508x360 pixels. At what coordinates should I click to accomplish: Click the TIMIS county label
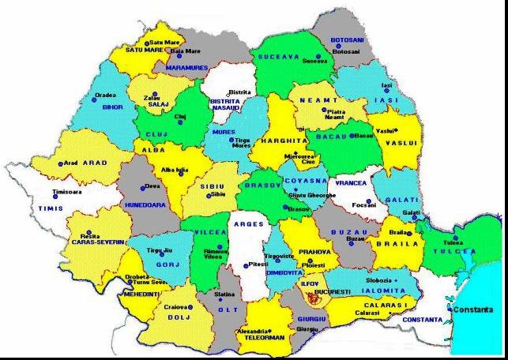tap(50, 208)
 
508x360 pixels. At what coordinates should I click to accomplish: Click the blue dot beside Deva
tap(145, 187)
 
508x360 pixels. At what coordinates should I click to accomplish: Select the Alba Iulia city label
tap(174, 170)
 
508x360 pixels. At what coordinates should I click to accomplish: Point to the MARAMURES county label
tap(186, 68)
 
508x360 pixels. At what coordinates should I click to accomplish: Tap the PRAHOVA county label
tap(314, 252)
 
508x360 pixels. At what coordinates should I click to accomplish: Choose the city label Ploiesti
tap(314, 265)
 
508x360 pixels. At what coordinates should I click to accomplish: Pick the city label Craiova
tap(175, 306)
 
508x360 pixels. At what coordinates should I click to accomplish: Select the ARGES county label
tap(249, 225)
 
